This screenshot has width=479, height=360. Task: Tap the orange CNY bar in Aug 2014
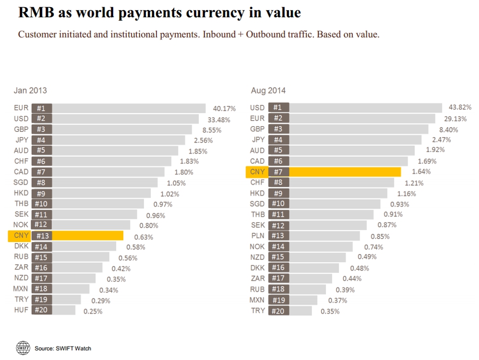344,172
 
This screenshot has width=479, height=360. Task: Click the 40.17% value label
224,109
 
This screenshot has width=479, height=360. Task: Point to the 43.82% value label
460,107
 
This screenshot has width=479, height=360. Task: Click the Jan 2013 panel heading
30,90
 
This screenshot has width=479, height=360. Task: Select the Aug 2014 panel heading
268,90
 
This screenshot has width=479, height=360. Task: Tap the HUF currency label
21,310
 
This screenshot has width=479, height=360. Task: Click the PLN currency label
258,236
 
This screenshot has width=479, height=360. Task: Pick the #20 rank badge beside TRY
278,311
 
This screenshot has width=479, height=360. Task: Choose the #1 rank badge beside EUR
41,108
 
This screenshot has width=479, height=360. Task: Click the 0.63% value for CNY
143,237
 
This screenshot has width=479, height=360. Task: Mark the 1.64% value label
421,172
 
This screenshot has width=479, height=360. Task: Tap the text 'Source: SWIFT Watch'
63,348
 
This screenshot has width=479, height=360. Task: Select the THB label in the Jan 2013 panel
21,204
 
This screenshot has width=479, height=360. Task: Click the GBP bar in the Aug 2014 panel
359,129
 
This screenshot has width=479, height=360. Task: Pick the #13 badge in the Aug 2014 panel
278,236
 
